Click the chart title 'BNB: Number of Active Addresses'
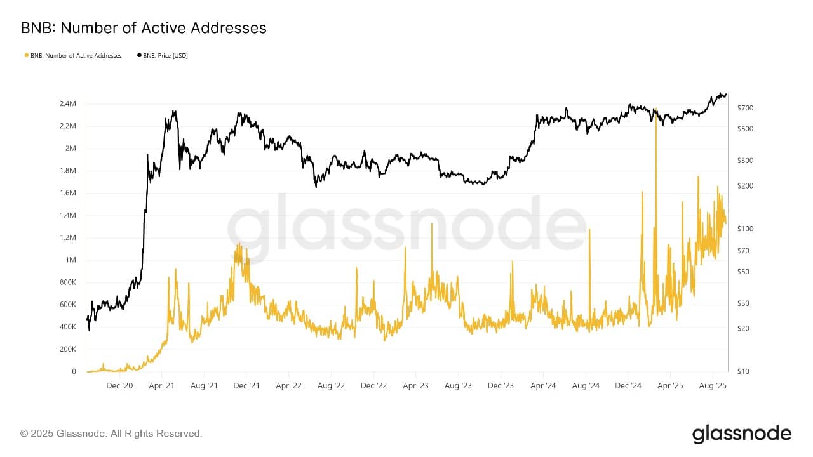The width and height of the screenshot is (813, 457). point(144,28)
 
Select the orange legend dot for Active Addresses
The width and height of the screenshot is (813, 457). point(26,56)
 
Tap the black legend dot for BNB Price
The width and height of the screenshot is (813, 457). point(139,56)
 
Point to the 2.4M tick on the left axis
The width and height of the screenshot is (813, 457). point(68,103)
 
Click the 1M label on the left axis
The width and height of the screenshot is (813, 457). point(71,260)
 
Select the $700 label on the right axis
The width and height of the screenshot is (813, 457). point(745,108)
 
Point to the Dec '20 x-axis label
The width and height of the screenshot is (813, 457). point(119,385)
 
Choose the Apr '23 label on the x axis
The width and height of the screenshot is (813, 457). point(416,385)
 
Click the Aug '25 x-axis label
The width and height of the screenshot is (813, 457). point(712,385)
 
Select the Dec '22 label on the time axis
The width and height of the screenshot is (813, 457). point(373,385)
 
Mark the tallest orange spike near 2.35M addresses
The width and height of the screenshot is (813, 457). point(655,109)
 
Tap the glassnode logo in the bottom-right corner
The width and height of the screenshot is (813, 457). point(741,434)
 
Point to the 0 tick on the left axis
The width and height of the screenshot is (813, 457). point(74,371)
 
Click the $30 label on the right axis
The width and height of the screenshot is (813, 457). point(744,303)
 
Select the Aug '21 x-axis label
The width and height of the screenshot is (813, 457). point(204,385)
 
